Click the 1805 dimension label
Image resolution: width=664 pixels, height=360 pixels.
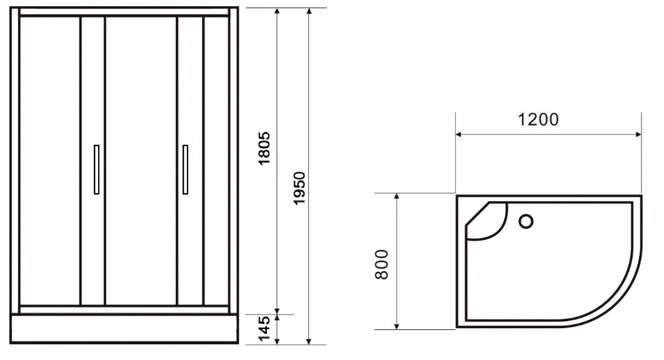click(264, 148)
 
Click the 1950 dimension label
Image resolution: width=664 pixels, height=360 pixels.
click(299, 188)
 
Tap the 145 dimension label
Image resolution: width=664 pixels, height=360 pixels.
click(264, 329)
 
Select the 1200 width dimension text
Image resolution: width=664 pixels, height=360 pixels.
click(538, 119)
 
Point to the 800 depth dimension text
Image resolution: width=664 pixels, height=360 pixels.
click(381, 264)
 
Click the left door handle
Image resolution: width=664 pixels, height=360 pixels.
click(96, 169)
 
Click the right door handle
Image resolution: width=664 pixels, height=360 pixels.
click(185, 169)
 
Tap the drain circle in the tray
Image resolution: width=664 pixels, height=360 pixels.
click(526, 221)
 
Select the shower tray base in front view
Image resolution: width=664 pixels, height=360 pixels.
click(124, 329)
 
